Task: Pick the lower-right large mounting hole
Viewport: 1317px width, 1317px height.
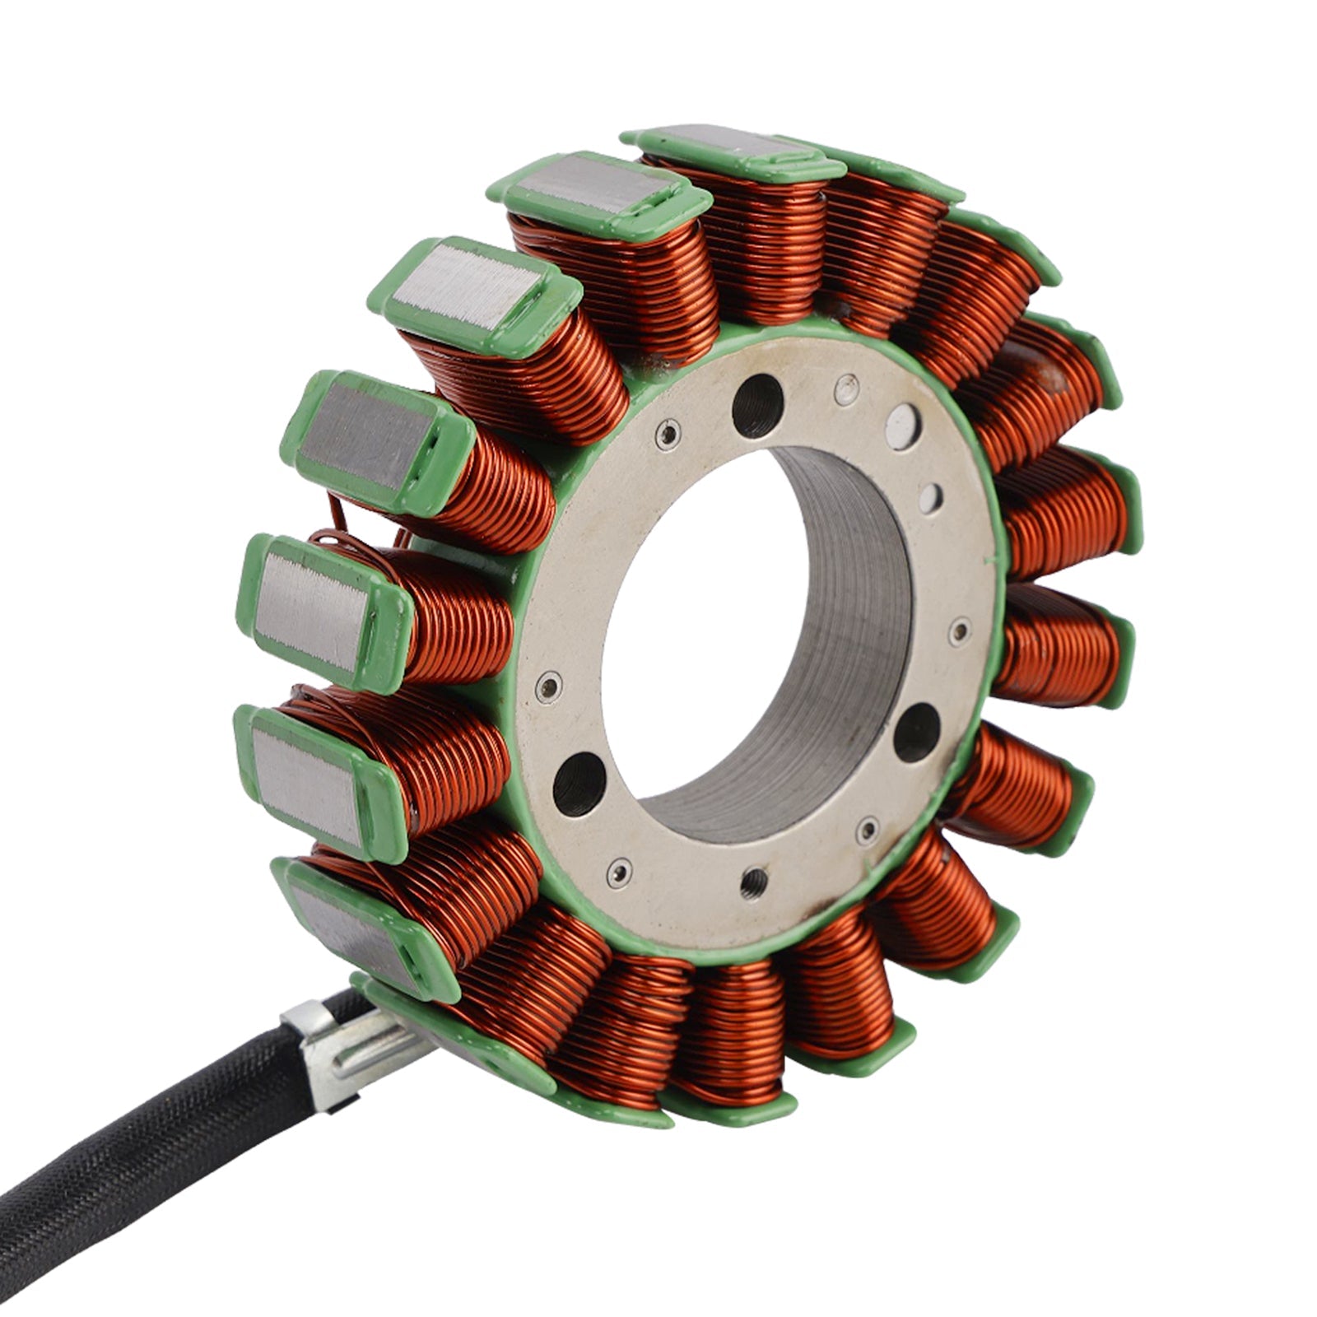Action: coord(916,732)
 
